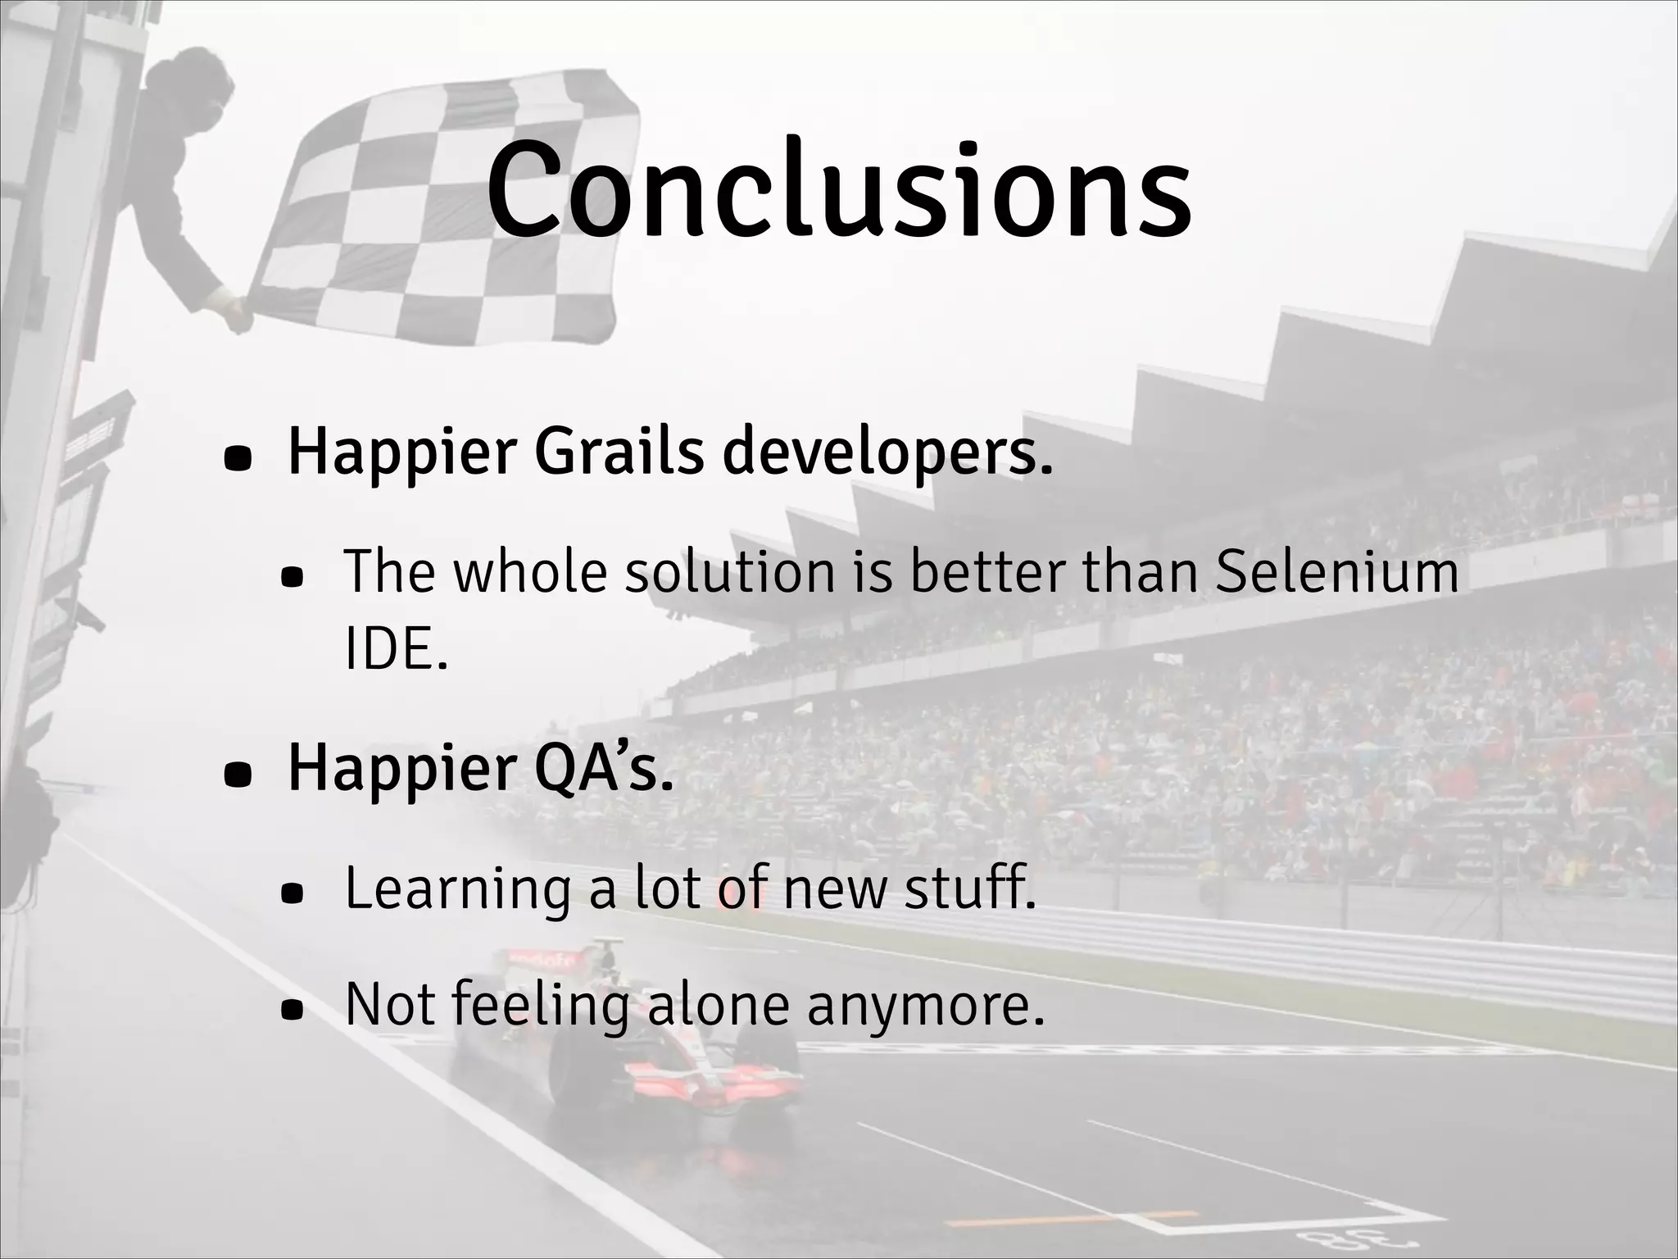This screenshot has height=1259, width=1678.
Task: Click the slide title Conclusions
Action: [x=839, y=190]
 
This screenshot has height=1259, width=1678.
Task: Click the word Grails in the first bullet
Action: [x=619, y=452]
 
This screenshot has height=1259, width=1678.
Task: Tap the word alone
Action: [x=718, y=1005]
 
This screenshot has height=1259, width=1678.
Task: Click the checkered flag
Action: [x=442, y=213]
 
